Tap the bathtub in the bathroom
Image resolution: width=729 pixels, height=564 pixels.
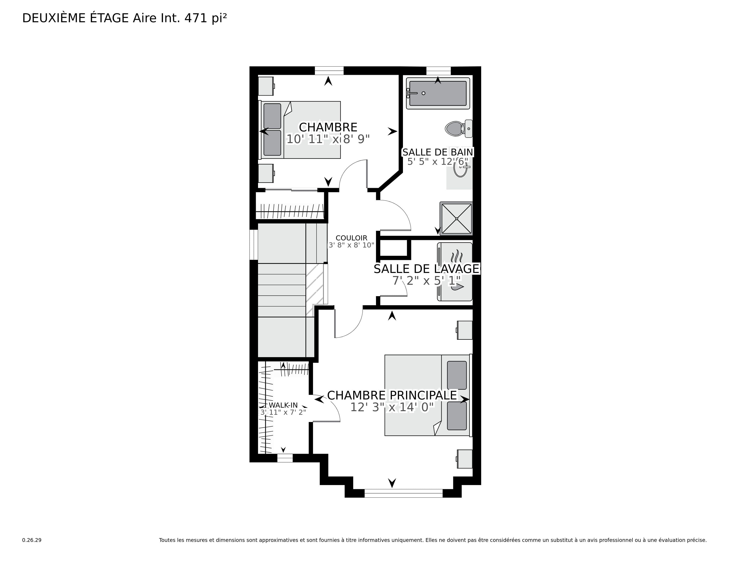(x=438, y=93)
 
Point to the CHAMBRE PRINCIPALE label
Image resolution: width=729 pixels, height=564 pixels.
(x=392, y=395)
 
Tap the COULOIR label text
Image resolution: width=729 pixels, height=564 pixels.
(x=351, y=238)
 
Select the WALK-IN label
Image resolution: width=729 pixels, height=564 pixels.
(x=283, y=405)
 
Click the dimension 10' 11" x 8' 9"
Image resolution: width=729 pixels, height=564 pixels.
(x=328, y=139)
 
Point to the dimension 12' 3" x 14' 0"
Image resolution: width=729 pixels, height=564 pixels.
(x=392, y=407)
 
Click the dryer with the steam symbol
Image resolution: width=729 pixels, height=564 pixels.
(x=455, y=256)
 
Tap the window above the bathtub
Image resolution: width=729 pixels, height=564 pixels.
(x=439, y=71)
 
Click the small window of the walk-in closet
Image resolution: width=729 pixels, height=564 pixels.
(x=285, y=458)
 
